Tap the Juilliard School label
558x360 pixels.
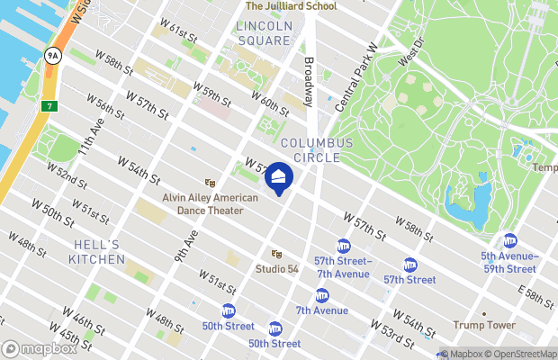(x=292, y=6)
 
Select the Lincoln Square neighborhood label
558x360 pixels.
(x=265, y=33)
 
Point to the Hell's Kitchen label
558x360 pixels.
(x=96, y=252)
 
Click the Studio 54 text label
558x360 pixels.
(x=276, y=268)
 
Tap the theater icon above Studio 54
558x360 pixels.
(x=276, y=254)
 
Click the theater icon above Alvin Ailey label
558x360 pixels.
(x=210, y=183)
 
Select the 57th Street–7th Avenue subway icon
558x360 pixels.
(x=343, y=246)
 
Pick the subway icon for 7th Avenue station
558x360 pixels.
(x=322, y=295)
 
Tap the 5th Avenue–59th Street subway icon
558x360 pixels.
(x=510, y=240)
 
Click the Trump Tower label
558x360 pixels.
(x=483, y=325)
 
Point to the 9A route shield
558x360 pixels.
(x=53, y=56)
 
